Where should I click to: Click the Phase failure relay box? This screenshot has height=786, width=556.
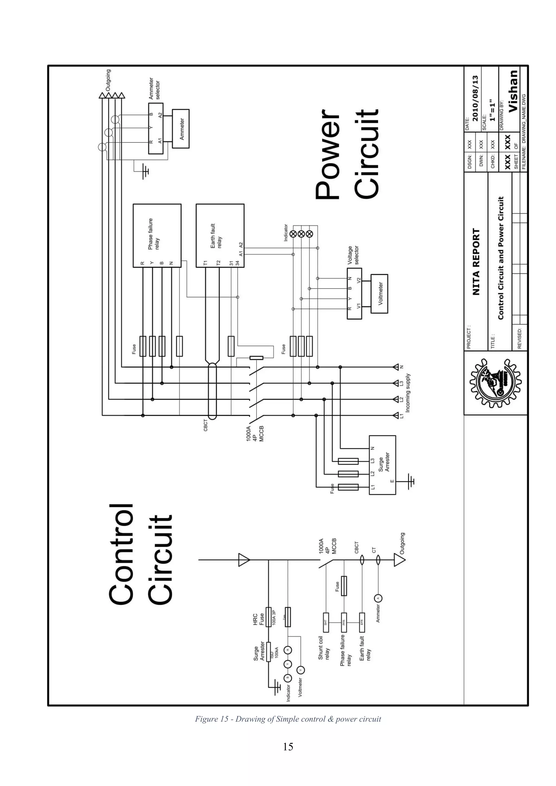click(x=157, y=236)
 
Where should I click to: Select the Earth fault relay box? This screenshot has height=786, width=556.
click(x=220, y=236)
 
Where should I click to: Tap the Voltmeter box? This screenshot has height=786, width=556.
click(x=379, y=294)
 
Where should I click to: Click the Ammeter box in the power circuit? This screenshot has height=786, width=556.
click(x=181, y=129)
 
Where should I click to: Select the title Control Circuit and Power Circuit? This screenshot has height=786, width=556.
click(x=501, y=258)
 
